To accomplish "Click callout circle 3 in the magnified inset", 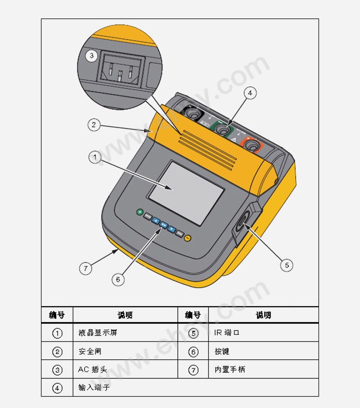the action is pyautogui.click(x=91, y=55).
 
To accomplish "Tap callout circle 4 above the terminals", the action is pyautogui.click(x=250, y=93).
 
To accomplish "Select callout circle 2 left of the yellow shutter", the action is pyautogui.click(x=94, y=125).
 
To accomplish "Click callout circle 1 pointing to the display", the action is pyautogui.click(x=95, y=157).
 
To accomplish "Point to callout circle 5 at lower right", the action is pyautogui.click(x=287, y=265).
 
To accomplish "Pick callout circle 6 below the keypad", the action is pyautogui.click(x=118, y=280).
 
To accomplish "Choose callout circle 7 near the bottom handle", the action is pyautogui.click(x=85, y=268).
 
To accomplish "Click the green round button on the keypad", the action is pyautogui.click(x=140, y=212).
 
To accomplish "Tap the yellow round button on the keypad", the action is pyautogui.click(x=188, y=238).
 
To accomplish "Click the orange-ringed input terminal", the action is pyautogui.click(x=252, y=145).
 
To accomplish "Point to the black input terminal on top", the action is pyautogui.click(x=193, y=113).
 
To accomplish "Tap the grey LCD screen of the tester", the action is pyautogui.click(x=186, y=193).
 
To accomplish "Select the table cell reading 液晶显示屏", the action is pyautogui.click(x=98, y=332).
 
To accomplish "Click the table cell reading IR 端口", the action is pyautogui.click(x=226, y=332).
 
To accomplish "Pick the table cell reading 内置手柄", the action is pyautogui.click(x=230, y=369).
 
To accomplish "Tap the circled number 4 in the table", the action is pyautogui.click(x=57, y=388).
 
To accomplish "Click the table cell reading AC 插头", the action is pyautogui.click(x=93, y=369).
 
